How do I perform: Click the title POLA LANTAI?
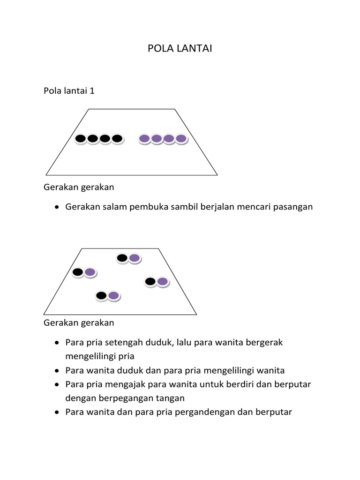click(x=180, y=48)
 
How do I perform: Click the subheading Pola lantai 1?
click(x=69, y=90)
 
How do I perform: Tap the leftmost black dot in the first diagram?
click(x=81, y=138)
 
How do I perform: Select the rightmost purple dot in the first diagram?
click(x=181, y=138)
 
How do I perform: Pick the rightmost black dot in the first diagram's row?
click(x=117, y=138)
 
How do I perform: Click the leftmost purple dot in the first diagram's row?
click(x=144, y=138)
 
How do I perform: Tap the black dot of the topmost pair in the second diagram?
click(x=122, y=258)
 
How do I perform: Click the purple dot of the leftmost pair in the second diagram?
click(x=90, y=272)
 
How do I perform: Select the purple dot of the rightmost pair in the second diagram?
click(x=162, y=281)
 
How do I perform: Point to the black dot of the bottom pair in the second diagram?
click(x=101, y=295)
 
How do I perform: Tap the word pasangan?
click(x=293, y=207)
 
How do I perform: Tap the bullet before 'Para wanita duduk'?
click(x=57, y=371)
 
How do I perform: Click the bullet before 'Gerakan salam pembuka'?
click(x=57, y=207)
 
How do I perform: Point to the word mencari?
click(x=257, y=207)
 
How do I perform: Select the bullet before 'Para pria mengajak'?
click(x=57, y=385)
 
